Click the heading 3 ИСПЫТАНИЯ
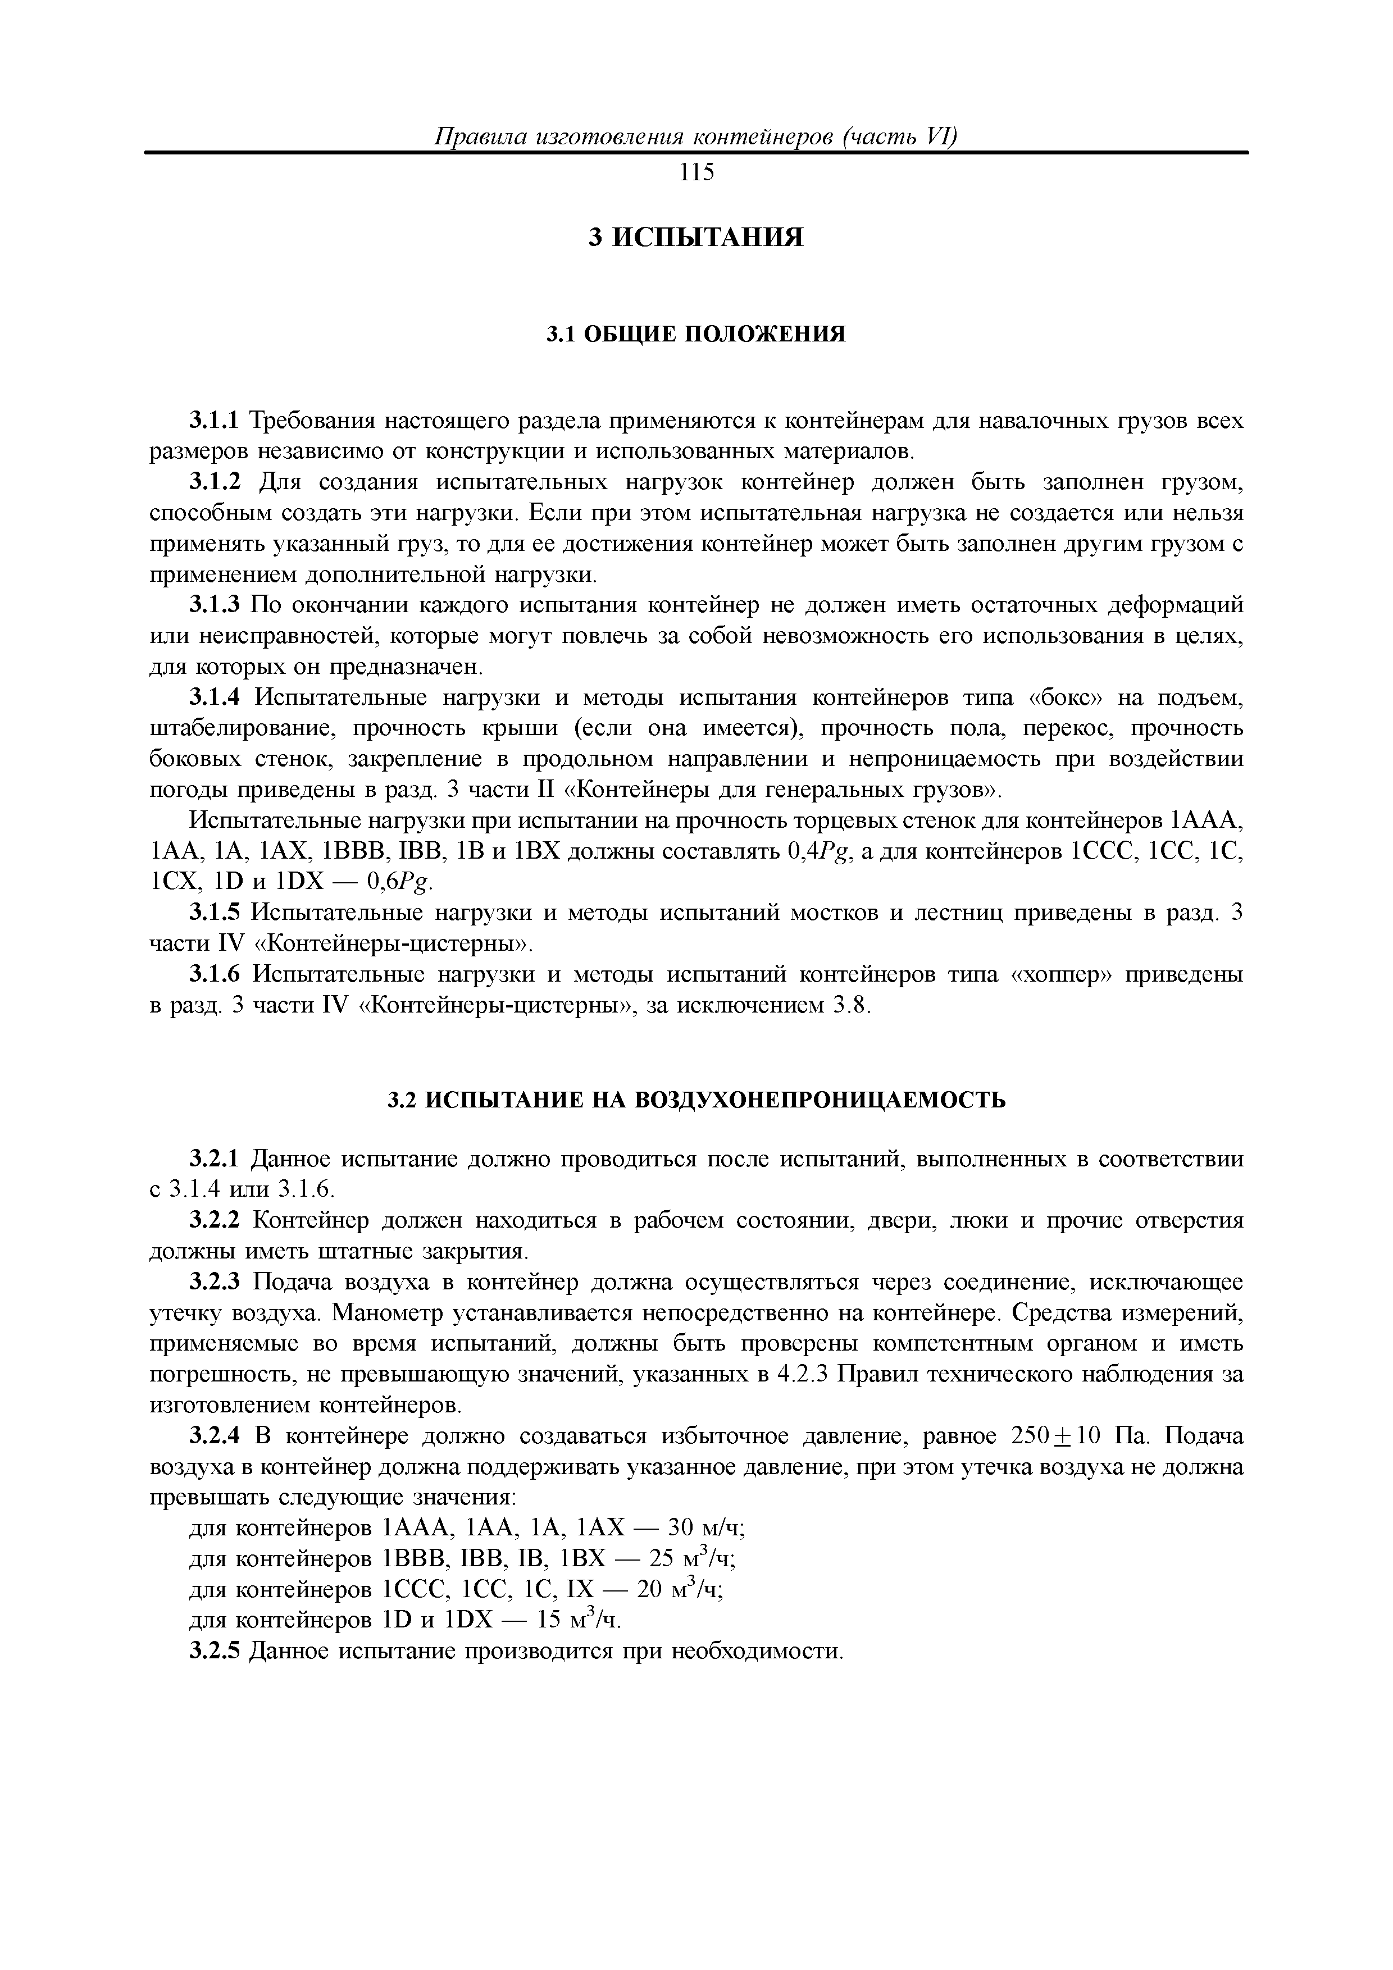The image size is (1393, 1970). (696, 238)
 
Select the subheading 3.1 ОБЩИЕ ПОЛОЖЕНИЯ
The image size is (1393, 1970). (696, 334)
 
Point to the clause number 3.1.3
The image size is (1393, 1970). (216, 606)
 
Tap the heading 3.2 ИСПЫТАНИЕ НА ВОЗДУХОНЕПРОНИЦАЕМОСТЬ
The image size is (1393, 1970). (696, 1101)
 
